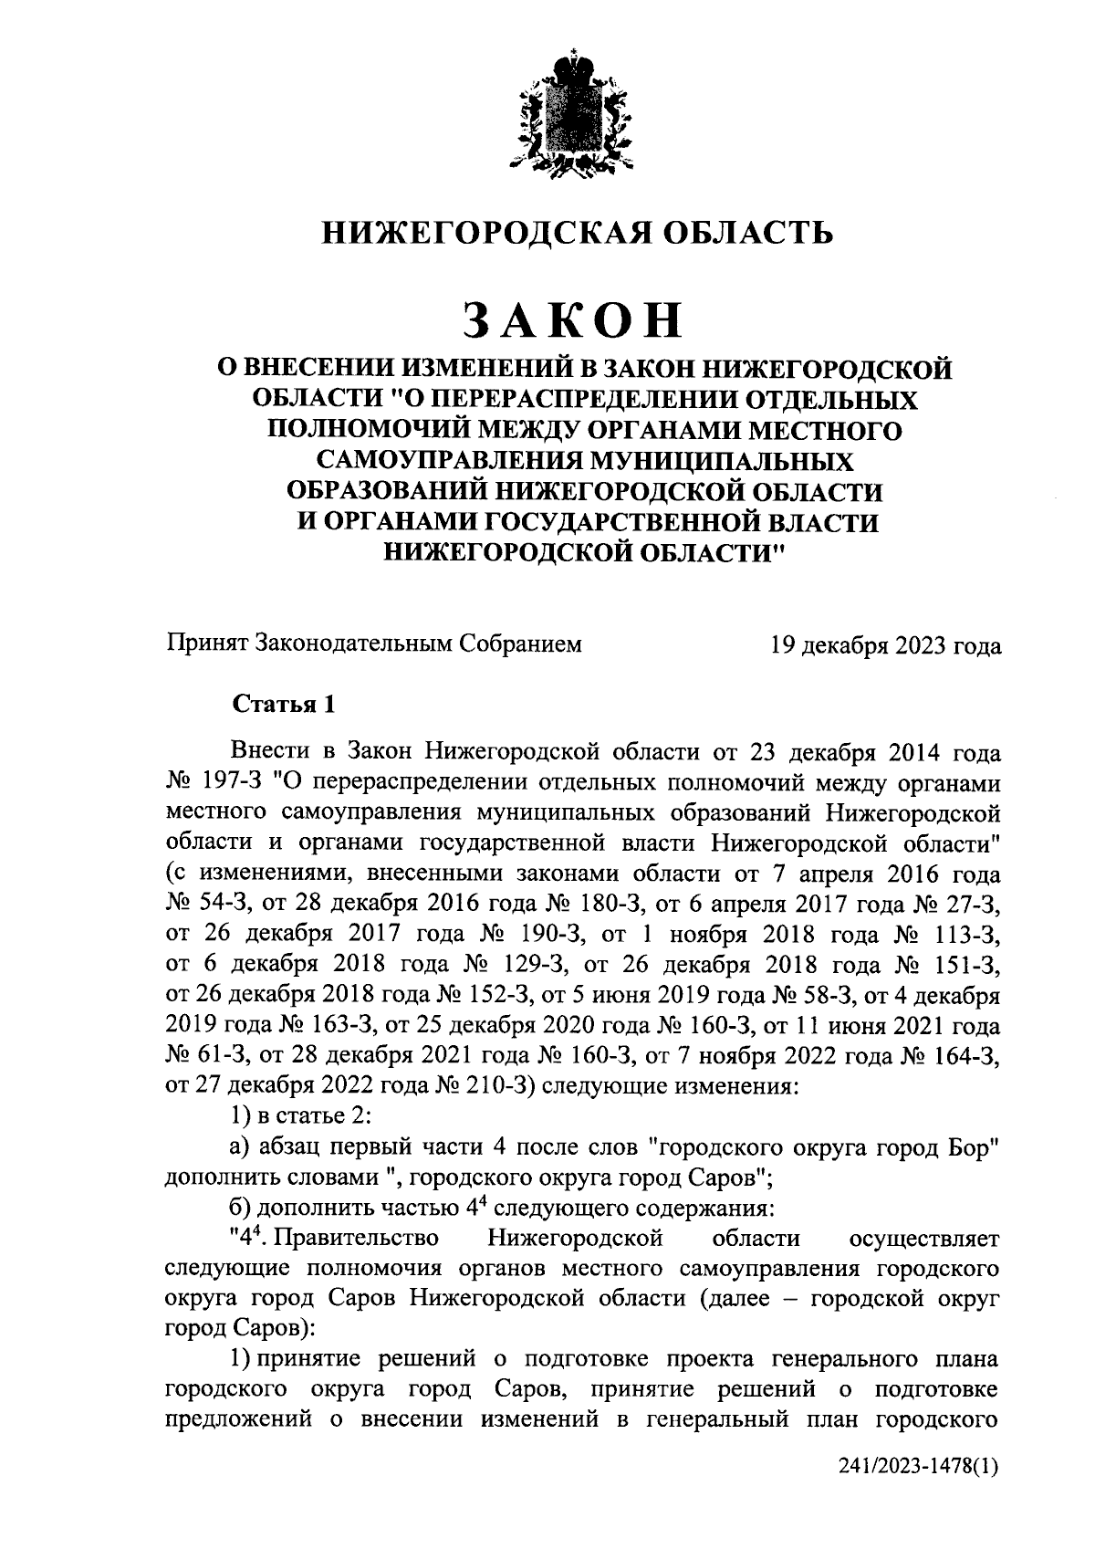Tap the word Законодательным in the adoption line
tap(355, 645)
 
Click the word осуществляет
tap(924, 1239)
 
